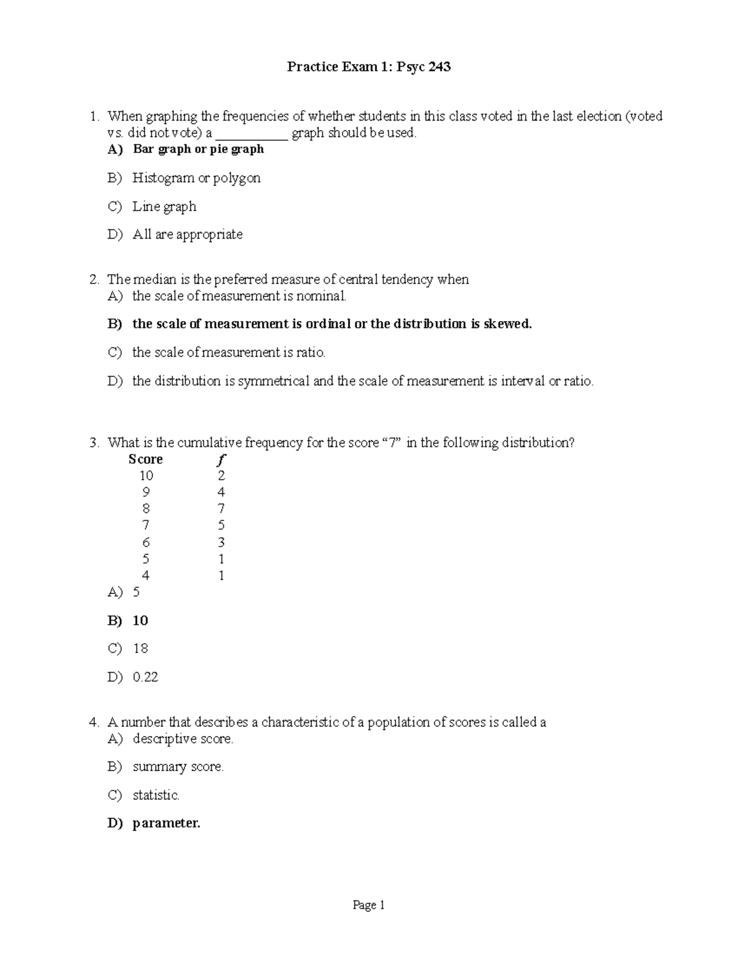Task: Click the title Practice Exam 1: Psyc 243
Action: click(x=368, y=67)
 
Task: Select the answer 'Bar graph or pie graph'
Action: click(x=198, y=149)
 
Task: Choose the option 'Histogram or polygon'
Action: click(x=196, y=178)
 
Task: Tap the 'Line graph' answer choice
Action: click(x=164, y=207)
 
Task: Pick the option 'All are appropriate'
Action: click(x=188, y=234)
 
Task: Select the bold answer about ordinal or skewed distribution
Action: click(x=331, y=324)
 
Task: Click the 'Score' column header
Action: click(x=145, y=459)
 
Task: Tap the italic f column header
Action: click(x=221, y=459)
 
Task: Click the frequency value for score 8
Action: click(x=221, y=509)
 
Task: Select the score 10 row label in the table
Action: click(x=146, y=475)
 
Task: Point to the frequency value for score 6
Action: click(x=221, y=542)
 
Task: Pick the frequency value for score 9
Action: click(x=221, y=492)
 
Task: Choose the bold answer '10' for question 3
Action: click(x=140, y=620)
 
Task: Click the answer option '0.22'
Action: click(x=145, y=677)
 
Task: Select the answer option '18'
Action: click(x=140, y=649)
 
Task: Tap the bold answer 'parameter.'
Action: click(x=166, y=823)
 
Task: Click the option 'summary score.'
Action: click(x=178, y=767)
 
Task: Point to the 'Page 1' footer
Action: click(x=368, y=905)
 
